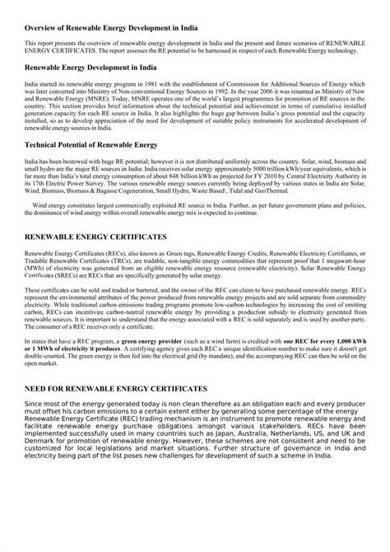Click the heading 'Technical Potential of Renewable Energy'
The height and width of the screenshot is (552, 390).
pos(91,145)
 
